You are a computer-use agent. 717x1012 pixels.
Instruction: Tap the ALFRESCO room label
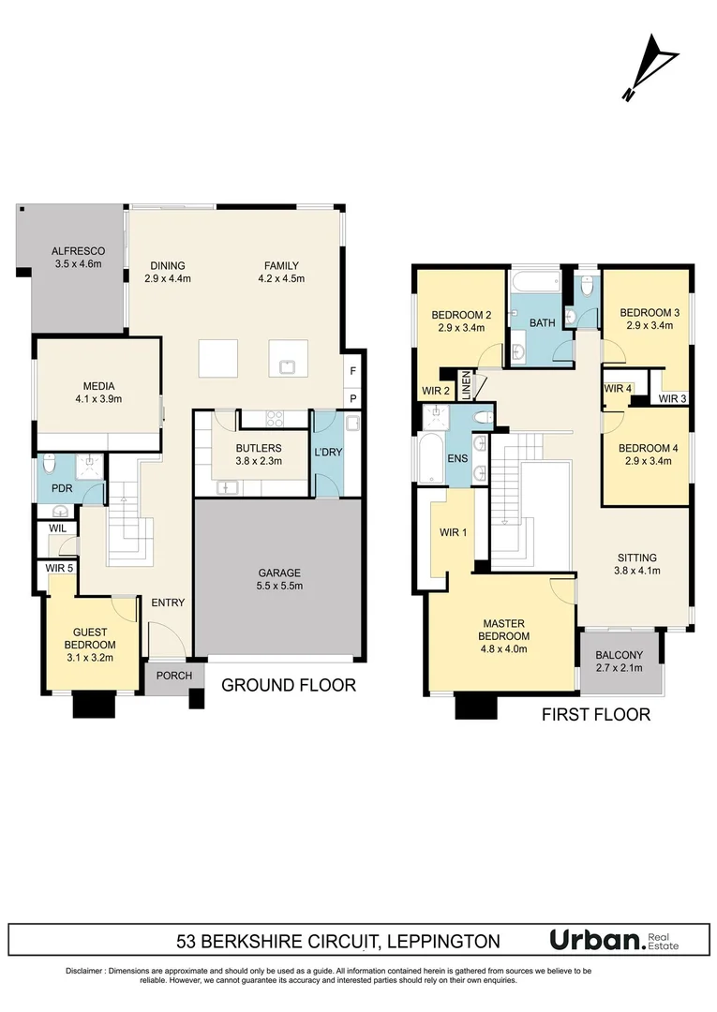[77, 251]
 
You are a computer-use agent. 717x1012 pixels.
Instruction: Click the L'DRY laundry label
[328, 453]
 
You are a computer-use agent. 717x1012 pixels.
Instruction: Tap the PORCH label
[174, 676]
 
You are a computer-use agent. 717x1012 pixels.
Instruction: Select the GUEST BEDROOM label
[90, 638]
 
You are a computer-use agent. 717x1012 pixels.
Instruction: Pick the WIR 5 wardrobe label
[59, 568]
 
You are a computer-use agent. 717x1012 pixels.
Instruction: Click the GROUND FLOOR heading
[289, 685]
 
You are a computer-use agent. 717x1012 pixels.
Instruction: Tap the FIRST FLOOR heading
[596, 715]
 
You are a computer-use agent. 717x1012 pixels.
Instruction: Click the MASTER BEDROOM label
[505, 630]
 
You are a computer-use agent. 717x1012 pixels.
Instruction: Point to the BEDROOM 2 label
[461, 314]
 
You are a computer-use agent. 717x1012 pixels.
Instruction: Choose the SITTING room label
[635, 558]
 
